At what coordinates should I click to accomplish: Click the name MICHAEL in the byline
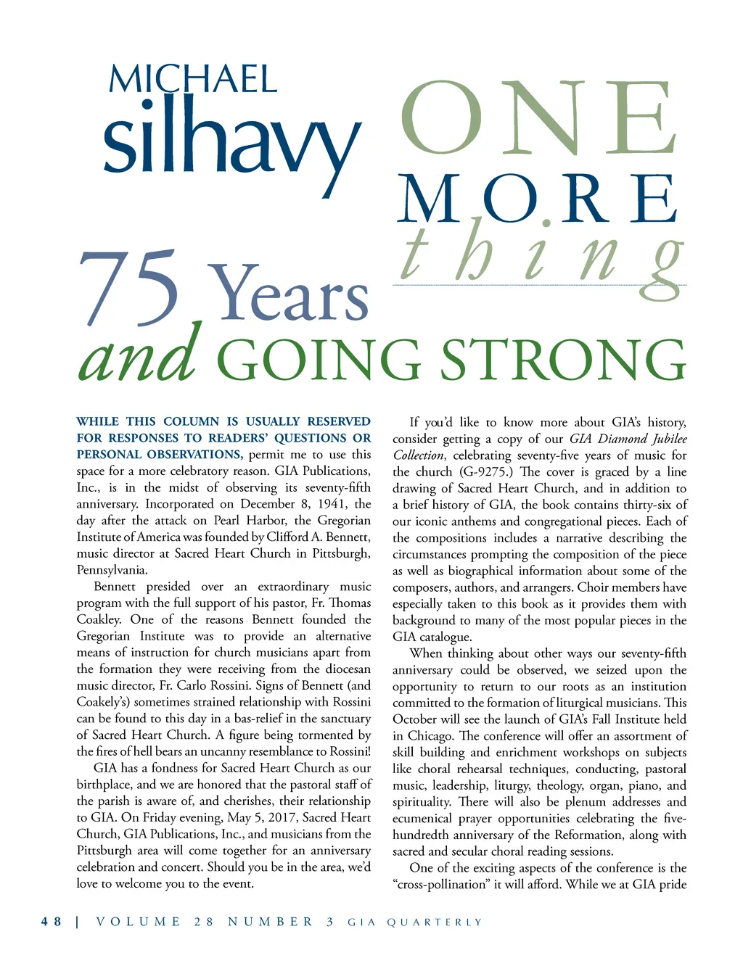pos(193,80)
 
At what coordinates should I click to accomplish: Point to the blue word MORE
pos(537,199)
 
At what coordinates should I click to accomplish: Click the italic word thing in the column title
pos(541,254)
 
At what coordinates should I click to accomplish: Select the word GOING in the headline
pos(319,360)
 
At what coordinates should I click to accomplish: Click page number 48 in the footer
pos(52,922)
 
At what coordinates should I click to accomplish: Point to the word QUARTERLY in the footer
pos(435,922)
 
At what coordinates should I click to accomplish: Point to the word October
pos(416,719)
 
